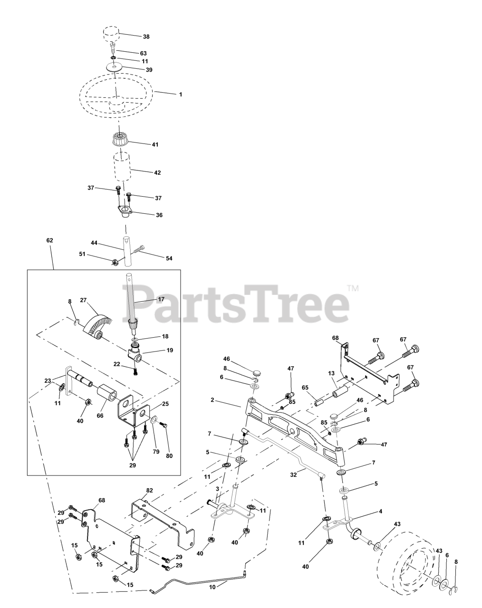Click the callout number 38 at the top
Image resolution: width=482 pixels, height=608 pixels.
click(146, 36)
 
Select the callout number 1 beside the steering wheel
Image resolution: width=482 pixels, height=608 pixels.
click(181, 95)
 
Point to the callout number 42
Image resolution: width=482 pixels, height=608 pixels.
click(158, 173)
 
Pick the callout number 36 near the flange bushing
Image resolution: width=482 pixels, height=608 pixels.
click(159, 215)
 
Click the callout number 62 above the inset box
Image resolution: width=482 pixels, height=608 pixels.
click(49, 240)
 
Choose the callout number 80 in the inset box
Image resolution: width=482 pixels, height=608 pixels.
click(170, 456)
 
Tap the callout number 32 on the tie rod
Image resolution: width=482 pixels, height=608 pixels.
click(294, 474)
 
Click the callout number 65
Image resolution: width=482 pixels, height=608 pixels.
click(305, 388)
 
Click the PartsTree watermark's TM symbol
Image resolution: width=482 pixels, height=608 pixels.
click(352, 288)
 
